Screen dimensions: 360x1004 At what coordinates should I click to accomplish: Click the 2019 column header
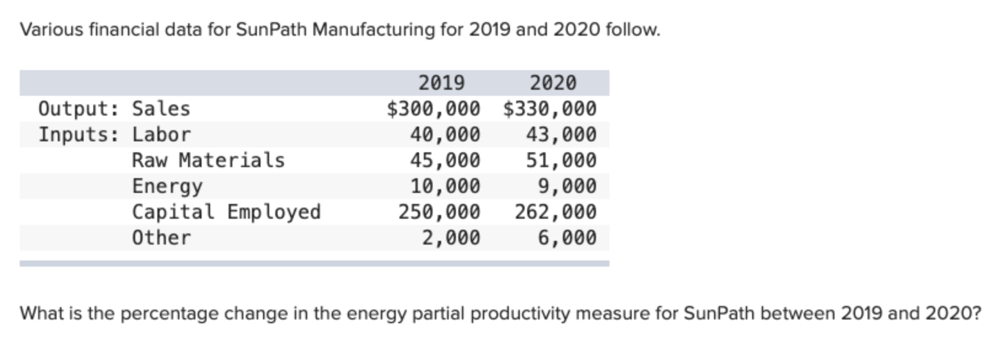(441, 82)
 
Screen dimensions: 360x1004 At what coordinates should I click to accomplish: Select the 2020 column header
(553, 82)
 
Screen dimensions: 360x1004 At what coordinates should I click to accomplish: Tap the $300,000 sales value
(433, 109)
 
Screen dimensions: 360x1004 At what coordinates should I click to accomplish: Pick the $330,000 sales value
(549, 109)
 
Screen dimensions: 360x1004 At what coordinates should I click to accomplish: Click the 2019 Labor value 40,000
(445, 135)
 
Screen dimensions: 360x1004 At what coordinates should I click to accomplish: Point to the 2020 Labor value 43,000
(560, 135)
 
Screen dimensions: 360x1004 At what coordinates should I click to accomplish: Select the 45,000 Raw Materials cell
(445, 160)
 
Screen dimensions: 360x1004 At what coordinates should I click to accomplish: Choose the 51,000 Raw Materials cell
(560, 160)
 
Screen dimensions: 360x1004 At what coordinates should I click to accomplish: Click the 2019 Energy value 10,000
(445, 186)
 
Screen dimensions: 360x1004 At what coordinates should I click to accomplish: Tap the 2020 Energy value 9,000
(567, 186)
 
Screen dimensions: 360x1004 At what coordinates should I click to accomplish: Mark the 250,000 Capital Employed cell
(439, 212)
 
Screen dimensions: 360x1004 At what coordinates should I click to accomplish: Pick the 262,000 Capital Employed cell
(555, 212)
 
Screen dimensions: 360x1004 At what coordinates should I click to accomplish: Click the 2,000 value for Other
(450, 238)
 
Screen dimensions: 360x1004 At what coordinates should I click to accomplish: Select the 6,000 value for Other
(567, 238)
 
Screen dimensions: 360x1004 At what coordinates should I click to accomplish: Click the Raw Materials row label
(208, 160)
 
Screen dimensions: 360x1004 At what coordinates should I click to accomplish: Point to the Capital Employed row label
(226, 212)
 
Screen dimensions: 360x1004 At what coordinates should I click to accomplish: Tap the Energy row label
(167, 186)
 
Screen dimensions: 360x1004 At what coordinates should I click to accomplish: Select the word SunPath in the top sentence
(271, 29)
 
